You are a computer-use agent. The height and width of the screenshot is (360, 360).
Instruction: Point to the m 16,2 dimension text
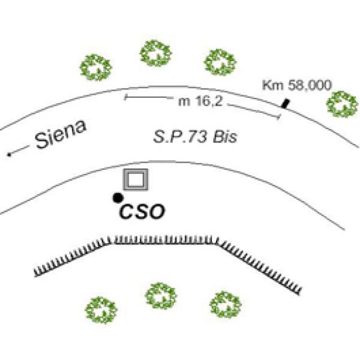click(201, 102)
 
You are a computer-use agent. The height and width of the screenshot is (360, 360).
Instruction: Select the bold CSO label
click(143, 212)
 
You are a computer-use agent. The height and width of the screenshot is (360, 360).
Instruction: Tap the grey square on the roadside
click(136, 179)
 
